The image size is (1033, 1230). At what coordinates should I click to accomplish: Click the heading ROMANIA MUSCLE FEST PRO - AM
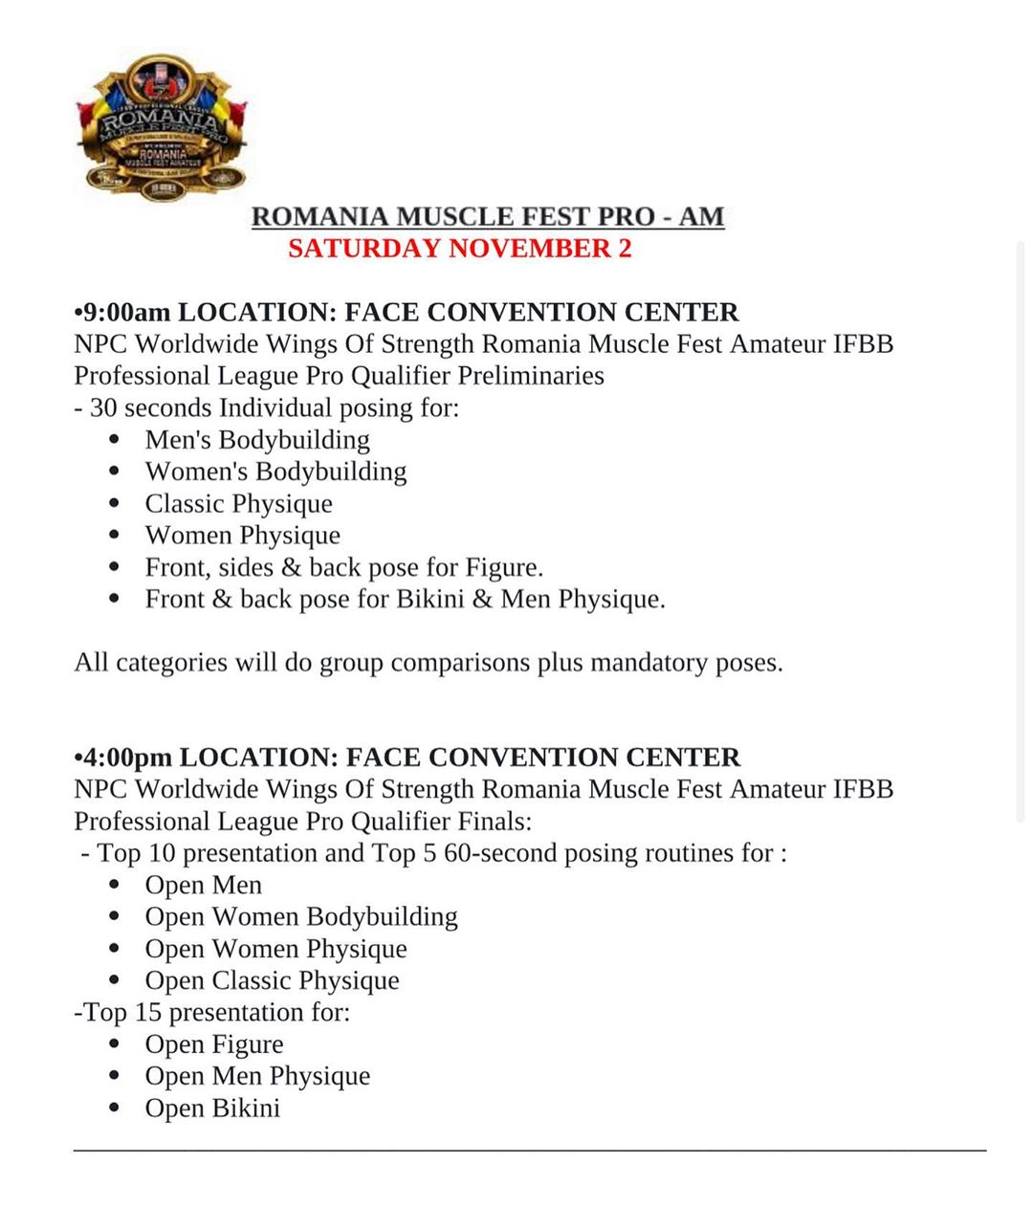pos(487,216)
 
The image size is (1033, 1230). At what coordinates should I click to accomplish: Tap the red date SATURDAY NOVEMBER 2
pos(459,249)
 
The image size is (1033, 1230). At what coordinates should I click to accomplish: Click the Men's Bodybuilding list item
pos(257,440)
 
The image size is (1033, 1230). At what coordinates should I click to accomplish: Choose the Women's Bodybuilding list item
pos(275,472)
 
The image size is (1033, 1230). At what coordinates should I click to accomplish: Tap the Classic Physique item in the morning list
pos(239,504)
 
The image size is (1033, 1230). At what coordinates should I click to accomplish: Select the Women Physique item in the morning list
pos(242,536)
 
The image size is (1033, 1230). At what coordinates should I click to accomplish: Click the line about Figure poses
pos(344,567)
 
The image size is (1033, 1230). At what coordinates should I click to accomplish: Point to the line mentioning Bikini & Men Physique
pos(405,600)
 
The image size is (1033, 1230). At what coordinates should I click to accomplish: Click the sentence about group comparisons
pos(429,663)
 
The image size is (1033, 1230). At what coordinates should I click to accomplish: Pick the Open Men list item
pos(203,885)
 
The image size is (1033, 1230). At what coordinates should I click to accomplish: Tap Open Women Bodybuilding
pos(301,916)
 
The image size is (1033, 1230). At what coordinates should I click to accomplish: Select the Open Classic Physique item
pos(272,980)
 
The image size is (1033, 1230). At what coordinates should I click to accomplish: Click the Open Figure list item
pos(214,1044)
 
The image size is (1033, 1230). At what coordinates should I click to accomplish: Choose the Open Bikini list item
pos(212,1109)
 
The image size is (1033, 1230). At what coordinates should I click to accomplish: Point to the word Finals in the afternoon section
pos(495,822)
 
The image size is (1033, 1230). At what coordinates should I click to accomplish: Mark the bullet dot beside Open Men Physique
pos(115,1077)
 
